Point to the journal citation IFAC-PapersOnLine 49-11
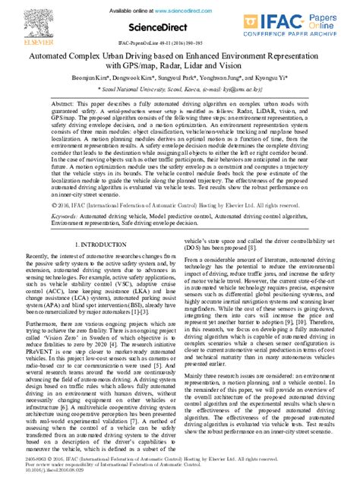(178, 45)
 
